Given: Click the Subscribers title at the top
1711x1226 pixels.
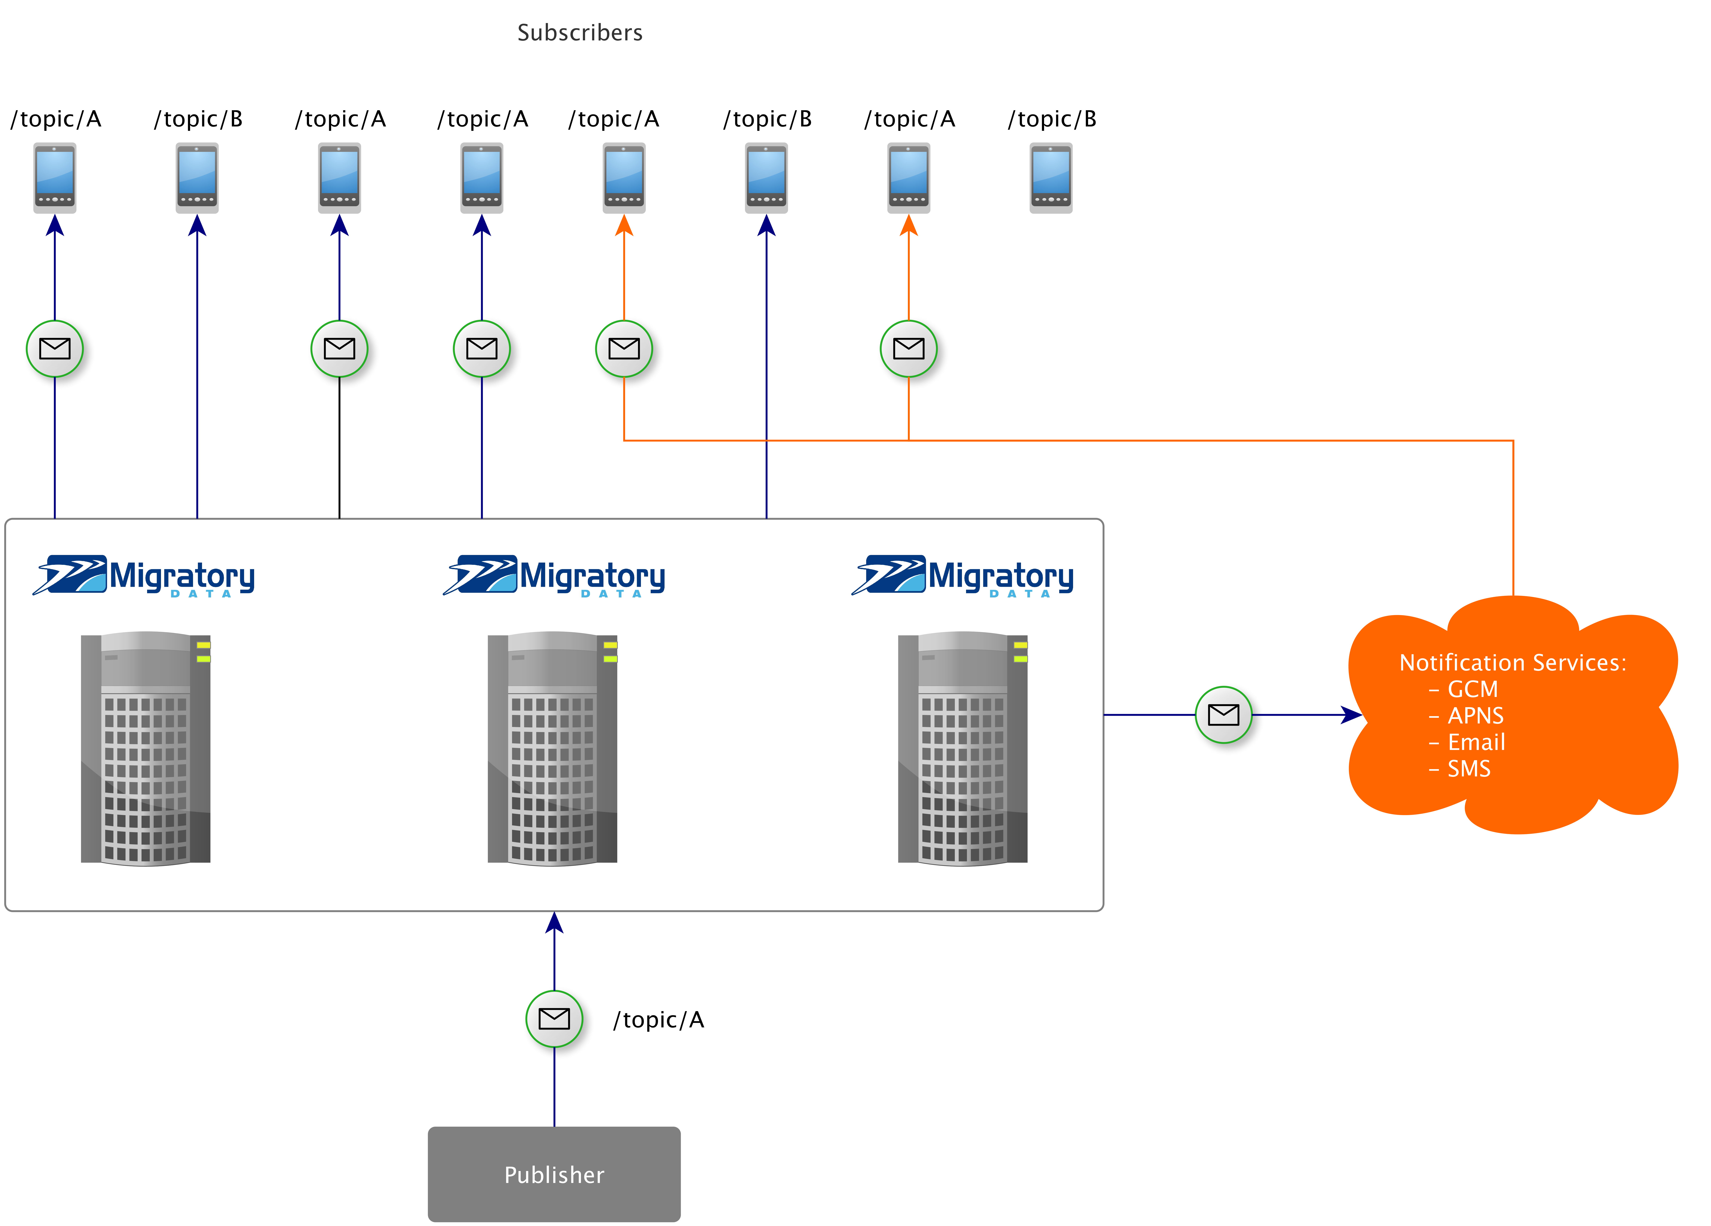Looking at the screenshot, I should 579,32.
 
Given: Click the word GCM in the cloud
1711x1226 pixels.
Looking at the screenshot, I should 1472,689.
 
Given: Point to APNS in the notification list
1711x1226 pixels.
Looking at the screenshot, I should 1475,715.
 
